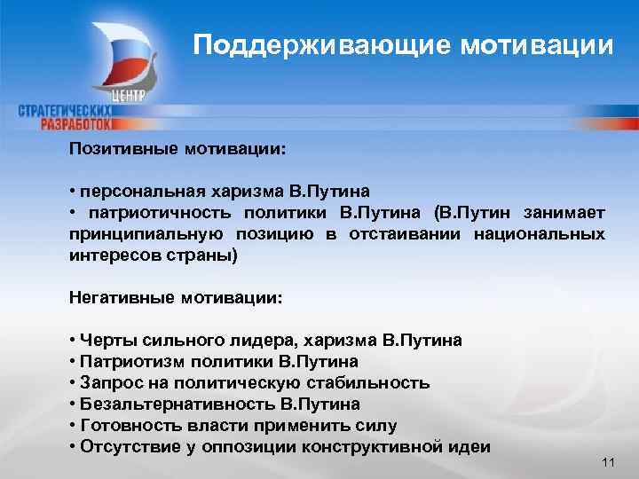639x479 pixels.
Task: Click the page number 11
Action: (608, 464)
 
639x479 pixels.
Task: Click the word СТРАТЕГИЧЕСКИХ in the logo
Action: (67, 110)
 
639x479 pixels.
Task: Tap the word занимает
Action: (565, 212)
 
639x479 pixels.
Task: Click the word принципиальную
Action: (143, 233)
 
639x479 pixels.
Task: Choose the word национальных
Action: (542, 233)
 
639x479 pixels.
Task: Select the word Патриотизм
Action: (130, 361)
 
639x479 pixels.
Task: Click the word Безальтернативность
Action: (177, 404)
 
